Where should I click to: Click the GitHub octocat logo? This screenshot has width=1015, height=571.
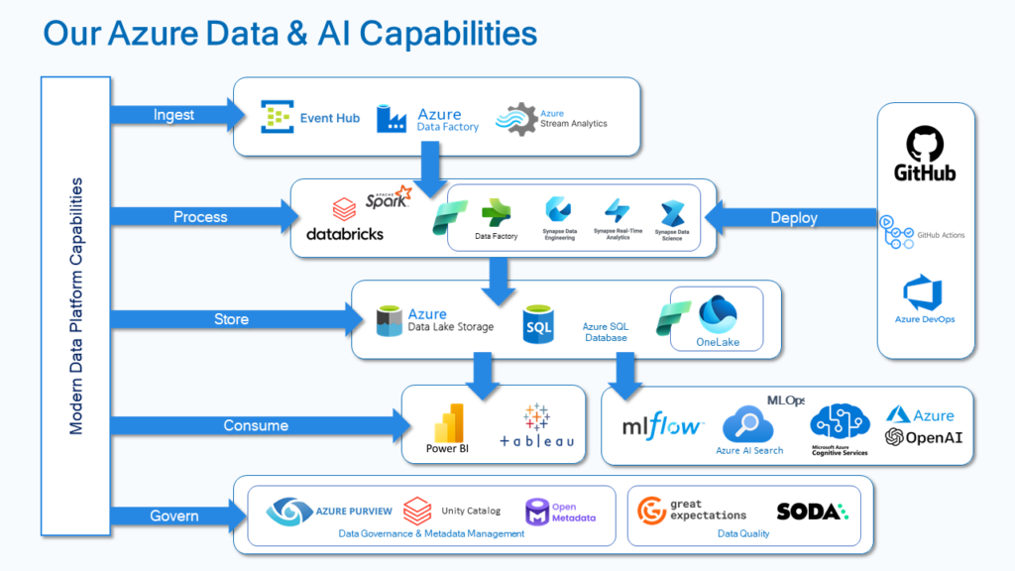coord(925,145)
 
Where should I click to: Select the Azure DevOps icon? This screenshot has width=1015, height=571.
coord(923,293)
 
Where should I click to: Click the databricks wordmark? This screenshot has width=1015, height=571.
coord(344,234)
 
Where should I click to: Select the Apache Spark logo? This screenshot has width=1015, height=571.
coord(388,197)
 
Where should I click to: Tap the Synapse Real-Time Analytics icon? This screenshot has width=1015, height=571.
coord(619,211)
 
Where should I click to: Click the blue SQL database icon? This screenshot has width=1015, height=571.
coord(538,324)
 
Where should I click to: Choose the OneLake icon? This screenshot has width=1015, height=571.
coord(719,314)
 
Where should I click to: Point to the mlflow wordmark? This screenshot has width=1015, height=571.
coord(662,427)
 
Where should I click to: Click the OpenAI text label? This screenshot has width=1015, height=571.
coord(934,437)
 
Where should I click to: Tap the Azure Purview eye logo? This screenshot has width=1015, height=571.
coord(287,513)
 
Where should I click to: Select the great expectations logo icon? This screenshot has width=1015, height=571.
coord(652,510)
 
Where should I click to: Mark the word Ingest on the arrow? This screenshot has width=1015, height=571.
coord(173,115)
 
